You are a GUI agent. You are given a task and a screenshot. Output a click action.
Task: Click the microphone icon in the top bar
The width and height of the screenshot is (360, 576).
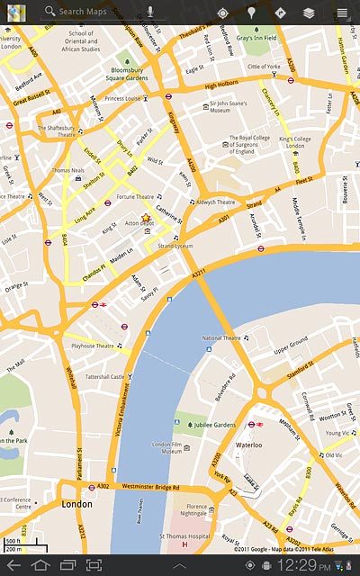[x=149, y=13]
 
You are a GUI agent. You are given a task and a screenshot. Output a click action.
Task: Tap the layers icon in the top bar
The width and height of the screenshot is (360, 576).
[x=309, y=13]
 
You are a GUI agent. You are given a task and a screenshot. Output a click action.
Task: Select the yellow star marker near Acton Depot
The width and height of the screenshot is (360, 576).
[x=145, y=219]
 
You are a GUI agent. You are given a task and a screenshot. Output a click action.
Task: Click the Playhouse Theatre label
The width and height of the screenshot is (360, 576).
[x=94, y=346]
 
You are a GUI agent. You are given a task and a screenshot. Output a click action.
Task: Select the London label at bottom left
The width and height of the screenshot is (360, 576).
[x=76, y=505]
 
